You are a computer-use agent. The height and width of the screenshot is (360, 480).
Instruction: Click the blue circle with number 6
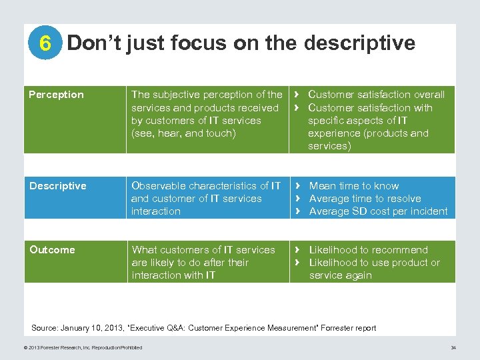point(45,44)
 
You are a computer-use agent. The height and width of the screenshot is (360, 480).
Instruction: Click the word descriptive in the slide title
point(359,43)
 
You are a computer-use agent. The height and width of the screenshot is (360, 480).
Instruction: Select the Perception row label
point(57,95)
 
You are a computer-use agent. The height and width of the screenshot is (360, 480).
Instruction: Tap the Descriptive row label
point(58,186)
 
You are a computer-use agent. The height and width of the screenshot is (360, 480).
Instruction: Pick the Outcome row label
point(52,250)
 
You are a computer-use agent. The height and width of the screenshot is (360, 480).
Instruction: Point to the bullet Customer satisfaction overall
point(376,95)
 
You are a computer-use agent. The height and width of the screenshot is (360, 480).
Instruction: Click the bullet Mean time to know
point(354,186)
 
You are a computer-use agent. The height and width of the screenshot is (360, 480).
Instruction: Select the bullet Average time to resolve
point(365,199)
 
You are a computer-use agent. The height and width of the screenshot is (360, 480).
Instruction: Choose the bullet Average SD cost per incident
point(378,211)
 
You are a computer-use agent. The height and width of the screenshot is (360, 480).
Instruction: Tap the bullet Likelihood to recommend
point(368,250)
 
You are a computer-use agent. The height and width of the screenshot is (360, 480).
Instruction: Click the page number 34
point(453,347)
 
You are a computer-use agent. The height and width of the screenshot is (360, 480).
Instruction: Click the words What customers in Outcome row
point(169,250)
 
